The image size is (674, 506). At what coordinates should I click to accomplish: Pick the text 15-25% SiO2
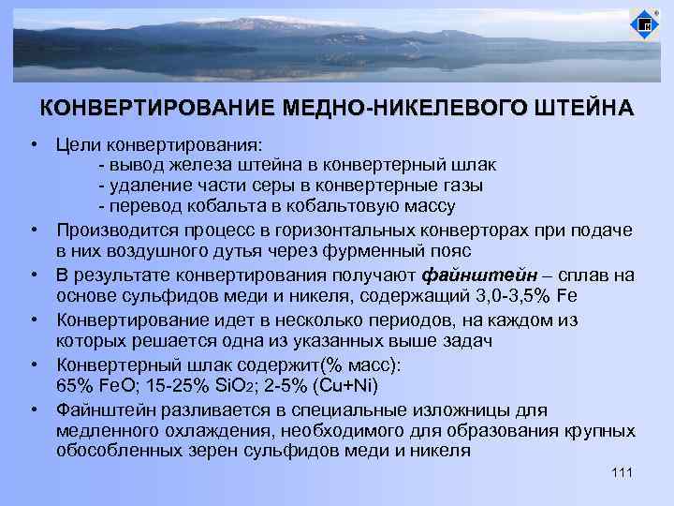(187, 385)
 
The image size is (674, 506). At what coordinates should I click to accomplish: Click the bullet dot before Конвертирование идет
(33, 319)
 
